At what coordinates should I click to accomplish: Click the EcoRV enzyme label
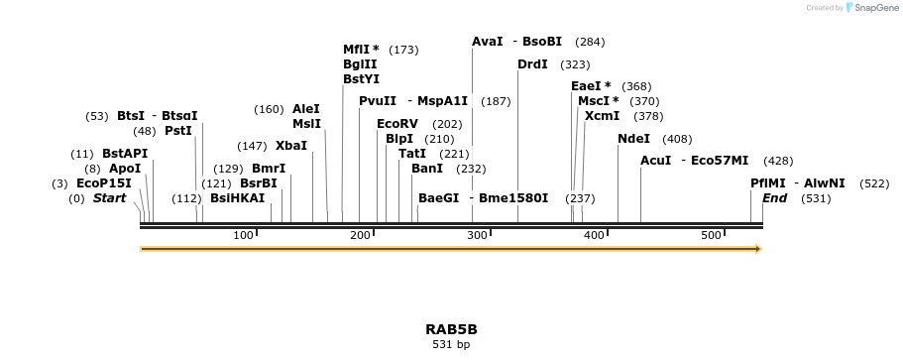click(397, 124)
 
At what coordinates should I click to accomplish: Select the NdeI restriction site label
click(633, 139)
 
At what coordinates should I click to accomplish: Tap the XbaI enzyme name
click(291, 146)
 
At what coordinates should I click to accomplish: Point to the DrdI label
click(532, 64)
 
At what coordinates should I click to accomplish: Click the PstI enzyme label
click(178, 131)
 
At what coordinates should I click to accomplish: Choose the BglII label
click(360, 64)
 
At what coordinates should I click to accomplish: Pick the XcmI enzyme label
click(602, 116)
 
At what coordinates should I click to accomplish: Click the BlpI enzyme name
click(398, 139)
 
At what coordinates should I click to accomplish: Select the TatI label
click(412, 154)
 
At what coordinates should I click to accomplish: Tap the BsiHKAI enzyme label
click(238, 198)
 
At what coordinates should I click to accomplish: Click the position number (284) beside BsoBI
click(590, 42)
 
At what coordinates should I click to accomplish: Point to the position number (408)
click(677, 139)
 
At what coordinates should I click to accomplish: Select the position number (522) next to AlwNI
click(874, 183)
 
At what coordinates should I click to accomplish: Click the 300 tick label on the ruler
click(477, 235)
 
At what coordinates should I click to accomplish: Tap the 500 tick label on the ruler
click(711, 235)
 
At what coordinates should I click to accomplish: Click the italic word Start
click(110, 198)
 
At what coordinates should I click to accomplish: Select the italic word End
click(774, 198)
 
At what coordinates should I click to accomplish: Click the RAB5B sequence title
click(451, 328)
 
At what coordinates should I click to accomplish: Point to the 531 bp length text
click(451, 345)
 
